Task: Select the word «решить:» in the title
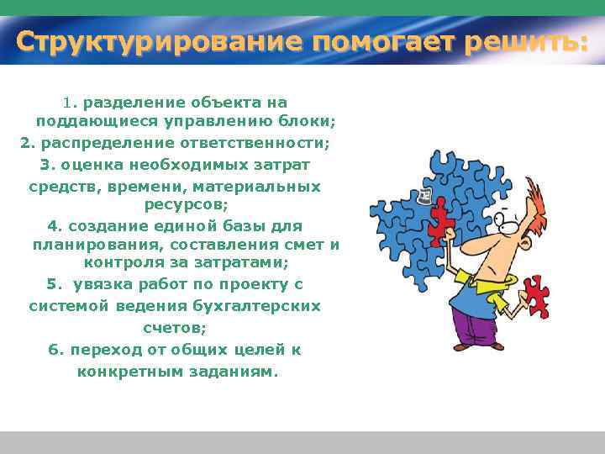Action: pyautogui.click(x=529, y=41)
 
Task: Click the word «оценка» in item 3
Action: pyautogui.click(x=86, y=164)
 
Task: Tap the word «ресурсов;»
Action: pyautogui.click(x=186, y=204)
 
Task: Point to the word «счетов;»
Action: pyautogui.click(x=175, y=328)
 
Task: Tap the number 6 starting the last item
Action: pyautogui.click(x=53, y=350)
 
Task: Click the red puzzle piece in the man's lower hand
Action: pyautogui.click(x=533, y=296)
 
